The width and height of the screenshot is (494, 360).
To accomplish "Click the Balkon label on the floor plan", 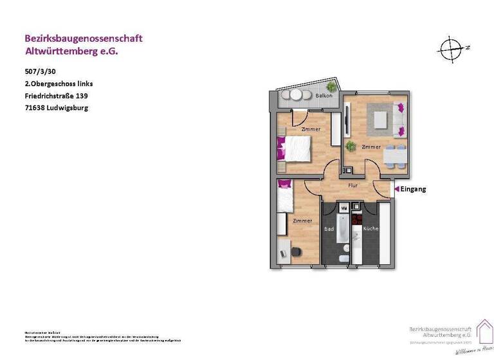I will pos(324,96).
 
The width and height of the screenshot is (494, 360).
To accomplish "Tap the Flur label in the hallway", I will pos(352,185).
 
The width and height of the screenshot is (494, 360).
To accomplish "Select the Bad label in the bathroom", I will pos(329,228).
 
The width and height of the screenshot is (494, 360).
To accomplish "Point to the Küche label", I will pos(370,228).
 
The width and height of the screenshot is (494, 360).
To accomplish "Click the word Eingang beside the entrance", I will pos(413,189).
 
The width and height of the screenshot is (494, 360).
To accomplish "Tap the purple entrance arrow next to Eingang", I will pos(396,189).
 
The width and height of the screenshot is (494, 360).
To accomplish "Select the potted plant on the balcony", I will pos(331,86).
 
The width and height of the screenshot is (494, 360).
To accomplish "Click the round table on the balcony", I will pos(296,94).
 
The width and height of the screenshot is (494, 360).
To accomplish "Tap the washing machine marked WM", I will pos(343,208).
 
